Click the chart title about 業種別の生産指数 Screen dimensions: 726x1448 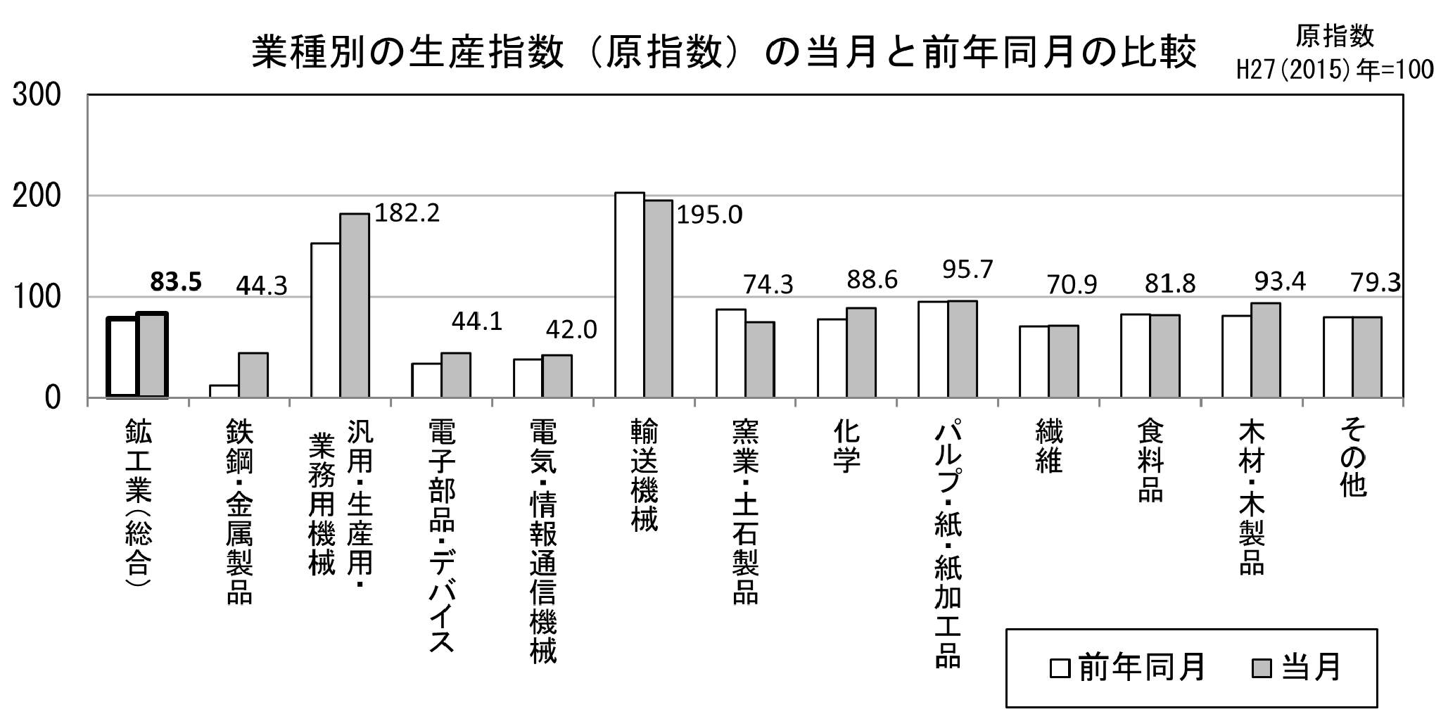click(x=725, y=53)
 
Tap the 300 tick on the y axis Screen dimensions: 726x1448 click(x=37, y=95)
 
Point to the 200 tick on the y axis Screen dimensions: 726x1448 click(x=37, y=196)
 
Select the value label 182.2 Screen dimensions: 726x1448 click(x=407, y=212)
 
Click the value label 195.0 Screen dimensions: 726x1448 click(x=709, y=215)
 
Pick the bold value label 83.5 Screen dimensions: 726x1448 click(x=176, y=281)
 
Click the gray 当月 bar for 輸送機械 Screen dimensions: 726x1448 click(x=658, y=299)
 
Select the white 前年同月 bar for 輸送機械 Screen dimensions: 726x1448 click(x=630, y=295)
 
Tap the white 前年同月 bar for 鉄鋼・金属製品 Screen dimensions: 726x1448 click(x=224, y=391)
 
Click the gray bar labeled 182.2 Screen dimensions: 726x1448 click(x=355, y=306)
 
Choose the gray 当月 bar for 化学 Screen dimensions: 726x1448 click(x=860, y=352)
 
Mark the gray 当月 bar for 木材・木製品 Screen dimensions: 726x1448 click(x=1265, y=350)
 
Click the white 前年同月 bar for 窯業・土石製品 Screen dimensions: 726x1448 click(x=730, y=353)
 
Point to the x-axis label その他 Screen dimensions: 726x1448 click(x=1352, y=457)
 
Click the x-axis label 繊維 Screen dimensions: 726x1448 click(x=1048, y=446)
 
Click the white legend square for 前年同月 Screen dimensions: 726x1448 click(x=1059, y=668)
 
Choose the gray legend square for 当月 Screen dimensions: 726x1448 click(x=1262, y=668)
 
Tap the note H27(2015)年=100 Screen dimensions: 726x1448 click(x=1335, y=70)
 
